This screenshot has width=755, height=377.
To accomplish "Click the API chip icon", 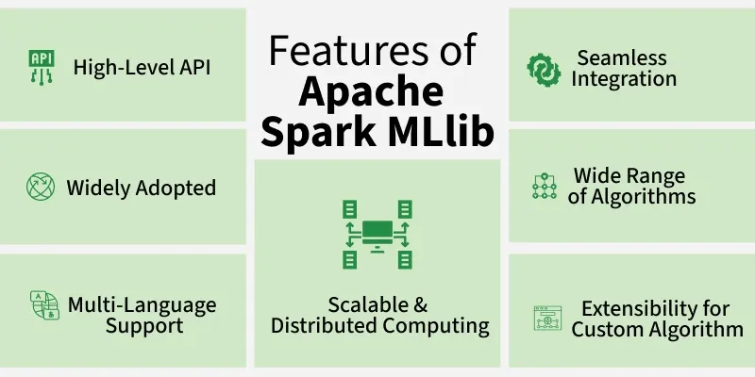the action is pyautogui.click(x=42, y=67).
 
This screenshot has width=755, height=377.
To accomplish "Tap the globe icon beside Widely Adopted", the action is pyautogui.click(x=41, y=187).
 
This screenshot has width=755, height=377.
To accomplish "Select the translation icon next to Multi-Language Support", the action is pyautogui.click(x=44, y=304).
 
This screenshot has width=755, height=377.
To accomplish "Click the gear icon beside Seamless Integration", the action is pyautogui.click(x=544, y=70).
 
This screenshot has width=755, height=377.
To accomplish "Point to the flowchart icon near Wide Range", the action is pyautogui.click(x=545, y=186).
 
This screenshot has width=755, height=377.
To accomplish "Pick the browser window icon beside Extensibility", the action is pyautogui.click(x=547, y=318).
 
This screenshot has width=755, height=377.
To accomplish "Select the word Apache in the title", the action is pyautogui.click(x=371, y=91).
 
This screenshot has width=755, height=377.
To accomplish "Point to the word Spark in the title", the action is pyautogui.click(x=319, y=132).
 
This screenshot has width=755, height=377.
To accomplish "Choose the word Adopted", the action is pyautogui.click(x=176, y=188).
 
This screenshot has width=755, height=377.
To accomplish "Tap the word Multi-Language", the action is pyautogui.click(x=143, y=305).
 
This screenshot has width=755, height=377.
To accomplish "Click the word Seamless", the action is pyautogui.click(x=622, y=57).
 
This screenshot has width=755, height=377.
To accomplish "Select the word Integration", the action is pyautogui.click(x=624, y=79).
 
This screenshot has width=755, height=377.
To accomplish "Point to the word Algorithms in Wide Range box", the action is pyautogui.click(x=643, y=197).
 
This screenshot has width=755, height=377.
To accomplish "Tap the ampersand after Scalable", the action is pyautogui.click(x=420, y=304).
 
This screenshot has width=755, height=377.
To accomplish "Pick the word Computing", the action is pyautogui.click(x=436, y=326).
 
